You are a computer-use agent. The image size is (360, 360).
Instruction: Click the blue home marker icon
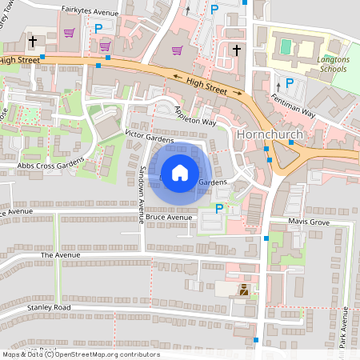[180, 172]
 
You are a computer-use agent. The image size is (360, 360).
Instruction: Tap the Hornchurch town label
[268, 134]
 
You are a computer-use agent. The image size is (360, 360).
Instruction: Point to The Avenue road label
[61, 254]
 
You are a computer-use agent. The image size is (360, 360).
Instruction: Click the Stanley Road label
[49, 307]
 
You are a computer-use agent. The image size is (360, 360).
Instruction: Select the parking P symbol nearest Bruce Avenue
[219, 209]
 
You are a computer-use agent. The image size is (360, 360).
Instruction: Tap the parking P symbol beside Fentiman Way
[289, 83]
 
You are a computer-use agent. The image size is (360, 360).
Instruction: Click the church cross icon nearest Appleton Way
[236, 50]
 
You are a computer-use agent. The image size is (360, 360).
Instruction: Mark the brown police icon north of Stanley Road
[243, 290]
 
